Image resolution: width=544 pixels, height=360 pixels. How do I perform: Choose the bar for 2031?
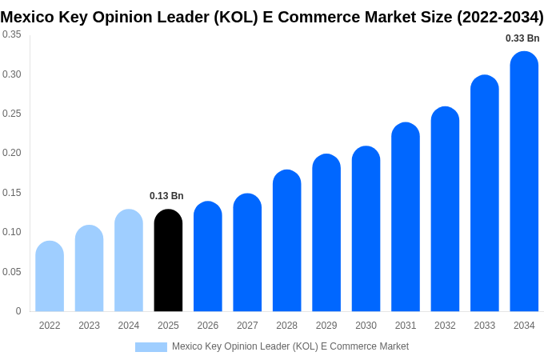[x=406, y=217]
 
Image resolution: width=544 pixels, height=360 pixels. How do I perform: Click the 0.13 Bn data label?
[x=166, y=196]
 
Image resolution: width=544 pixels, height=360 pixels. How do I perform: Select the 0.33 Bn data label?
[x=522, y=38]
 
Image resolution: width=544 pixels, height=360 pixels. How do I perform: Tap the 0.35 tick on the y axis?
[x=12, y=34]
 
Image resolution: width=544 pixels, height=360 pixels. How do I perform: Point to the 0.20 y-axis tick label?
[x=12, y=153]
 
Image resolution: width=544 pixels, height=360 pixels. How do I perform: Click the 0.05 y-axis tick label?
[x=12, y=272]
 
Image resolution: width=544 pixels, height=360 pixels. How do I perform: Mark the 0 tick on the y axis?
[x=18, y=311]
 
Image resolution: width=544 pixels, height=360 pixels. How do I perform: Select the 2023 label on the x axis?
[x=89, y=326]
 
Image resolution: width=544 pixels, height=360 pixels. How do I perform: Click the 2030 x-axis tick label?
[x=366, y=326]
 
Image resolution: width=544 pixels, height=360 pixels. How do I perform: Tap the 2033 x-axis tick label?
[x=484, y=326]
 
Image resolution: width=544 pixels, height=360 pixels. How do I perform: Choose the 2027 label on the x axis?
[x=247, y=326]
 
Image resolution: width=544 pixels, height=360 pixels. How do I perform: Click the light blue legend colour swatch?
[x=150, y=347]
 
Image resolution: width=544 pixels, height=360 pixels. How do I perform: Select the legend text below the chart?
[x=290, y=346]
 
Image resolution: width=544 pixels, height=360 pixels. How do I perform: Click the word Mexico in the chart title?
[x=26, y=17]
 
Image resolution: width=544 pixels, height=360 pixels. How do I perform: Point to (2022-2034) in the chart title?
[x=500, y=17]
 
